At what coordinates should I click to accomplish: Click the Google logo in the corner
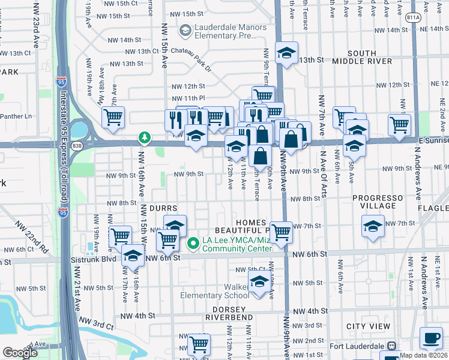[x=20, y=353]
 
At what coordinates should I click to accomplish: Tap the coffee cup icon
[x=430, y=338]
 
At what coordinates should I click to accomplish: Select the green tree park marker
[x=145, y=138]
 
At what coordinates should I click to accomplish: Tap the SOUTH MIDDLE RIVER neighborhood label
[x=362, y=57]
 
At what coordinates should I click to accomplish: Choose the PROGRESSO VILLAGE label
[x=383, y=202]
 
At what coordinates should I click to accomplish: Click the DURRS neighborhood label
[x=163, y=208]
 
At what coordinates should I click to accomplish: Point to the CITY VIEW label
[x=368, y=326]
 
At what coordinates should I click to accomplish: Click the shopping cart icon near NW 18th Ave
[x=113, y=118]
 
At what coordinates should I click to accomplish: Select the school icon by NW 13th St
[x=287, y=53]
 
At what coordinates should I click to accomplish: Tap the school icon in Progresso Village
[x=373, y=227]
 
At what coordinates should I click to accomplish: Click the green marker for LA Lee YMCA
[x=193, y=243]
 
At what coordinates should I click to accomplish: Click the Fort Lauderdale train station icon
[x=392, y=346]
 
